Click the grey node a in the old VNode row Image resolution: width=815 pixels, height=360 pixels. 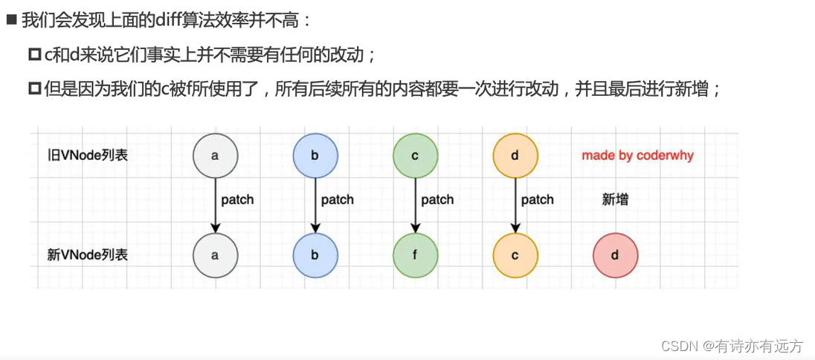(x=215, y=156)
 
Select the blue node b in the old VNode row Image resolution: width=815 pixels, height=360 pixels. (x=315, y=156)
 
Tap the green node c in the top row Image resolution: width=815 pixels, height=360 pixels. (x=415, y=156)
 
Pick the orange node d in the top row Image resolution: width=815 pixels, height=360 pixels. (x=515, y=156)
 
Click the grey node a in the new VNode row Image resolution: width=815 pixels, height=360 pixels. (x=215, y=255)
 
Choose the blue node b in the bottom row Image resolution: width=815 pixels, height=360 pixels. (x=315, y=255)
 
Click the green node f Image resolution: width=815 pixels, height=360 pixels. (x=415, y=255)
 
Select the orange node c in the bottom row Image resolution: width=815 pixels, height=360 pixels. (x=515, y=255)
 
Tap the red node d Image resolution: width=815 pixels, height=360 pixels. (x=615, y=255)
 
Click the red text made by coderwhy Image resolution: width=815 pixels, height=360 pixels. (x=637, y=155)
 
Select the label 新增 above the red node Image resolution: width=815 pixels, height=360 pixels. (x=614, y=199)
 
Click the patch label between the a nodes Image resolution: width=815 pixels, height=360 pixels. (x=237, y=199)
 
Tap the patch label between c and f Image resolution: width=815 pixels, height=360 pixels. (x=437, y=199)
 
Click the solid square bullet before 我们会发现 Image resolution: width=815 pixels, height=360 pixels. (x=11, y=20)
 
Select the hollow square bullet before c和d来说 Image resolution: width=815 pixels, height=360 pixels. (x=34, y=54)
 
